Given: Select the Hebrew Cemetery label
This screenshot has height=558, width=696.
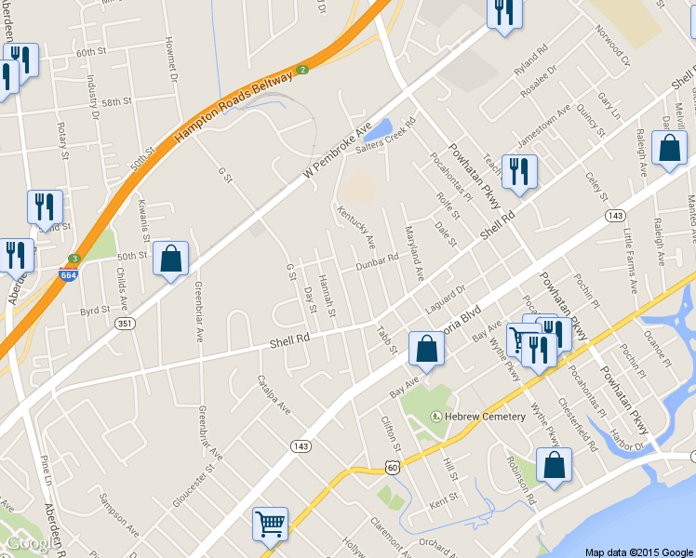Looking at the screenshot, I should [x=485, y=416].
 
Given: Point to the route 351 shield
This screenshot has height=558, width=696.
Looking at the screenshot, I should [x=124, y=323].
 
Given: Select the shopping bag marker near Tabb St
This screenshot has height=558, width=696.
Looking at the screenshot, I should [x=425, y=350].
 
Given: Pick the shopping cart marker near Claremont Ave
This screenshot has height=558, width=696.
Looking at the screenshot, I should [x=270, y=524].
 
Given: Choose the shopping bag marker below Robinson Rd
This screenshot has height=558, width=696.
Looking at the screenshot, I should [x=554, y=466].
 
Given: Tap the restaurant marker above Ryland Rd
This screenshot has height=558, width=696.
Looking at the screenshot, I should [x=504, y=14].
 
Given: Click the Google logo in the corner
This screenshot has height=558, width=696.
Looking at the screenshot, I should [x=28, y=543].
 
